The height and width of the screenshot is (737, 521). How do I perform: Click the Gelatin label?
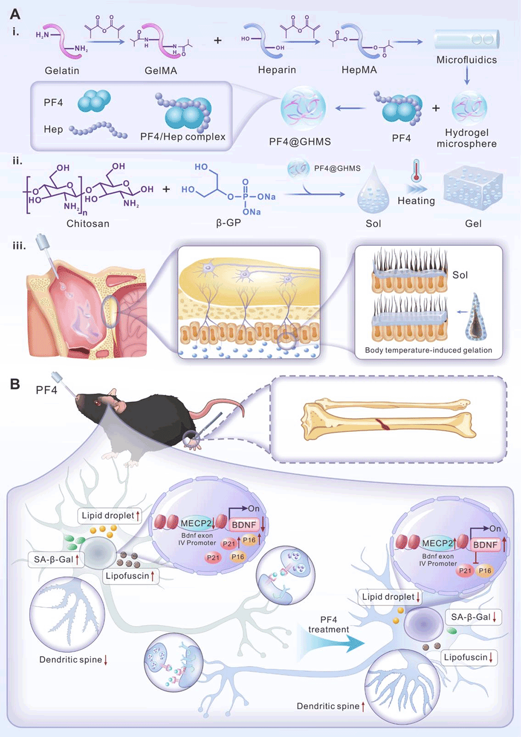coord(62,70)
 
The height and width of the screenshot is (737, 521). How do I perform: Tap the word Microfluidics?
coord(466,60)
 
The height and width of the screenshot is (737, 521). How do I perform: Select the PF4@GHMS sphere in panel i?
coord(303,108)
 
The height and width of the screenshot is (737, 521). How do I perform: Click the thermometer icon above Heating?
coord(416,170)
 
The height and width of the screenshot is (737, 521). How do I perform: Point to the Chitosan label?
coord(88,223)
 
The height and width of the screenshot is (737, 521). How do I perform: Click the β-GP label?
coord(228,223)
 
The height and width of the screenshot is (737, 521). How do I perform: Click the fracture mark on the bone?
coord(383,424)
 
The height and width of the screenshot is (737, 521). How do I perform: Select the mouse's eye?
coord(98,403)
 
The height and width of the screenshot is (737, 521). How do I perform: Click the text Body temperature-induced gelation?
coord(428,350)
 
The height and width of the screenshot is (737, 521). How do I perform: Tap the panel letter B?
coord(15,384)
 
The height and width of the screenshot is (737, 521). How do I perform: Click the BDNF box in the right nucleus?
coord(485,545)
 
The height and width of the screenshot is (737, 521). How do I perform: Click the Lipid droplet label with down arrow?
coord(391,597)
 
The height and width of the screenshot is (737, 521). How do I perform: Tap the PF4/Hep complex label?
coord(183,136)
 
